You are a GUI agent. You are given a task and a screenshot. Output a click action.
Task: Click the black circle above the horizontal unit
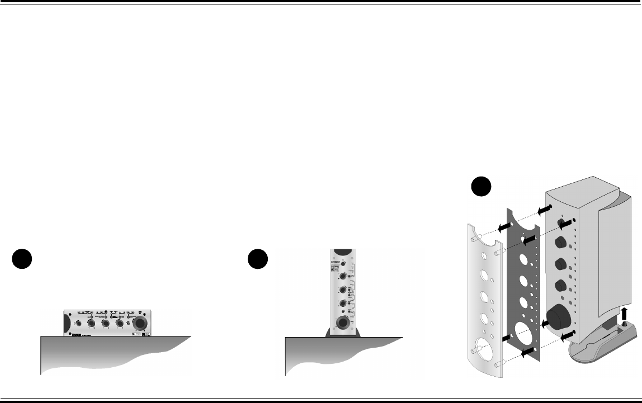(22, 261)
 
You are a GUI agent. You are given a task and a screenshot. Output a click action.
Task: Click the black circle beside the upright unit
(258, 261)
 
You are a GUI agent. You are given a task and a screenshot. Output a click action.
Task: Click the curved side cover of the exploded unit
(615, 252)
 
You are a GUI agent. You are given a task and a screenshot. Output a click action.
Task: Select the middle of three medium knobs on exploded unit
(560, 264)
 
